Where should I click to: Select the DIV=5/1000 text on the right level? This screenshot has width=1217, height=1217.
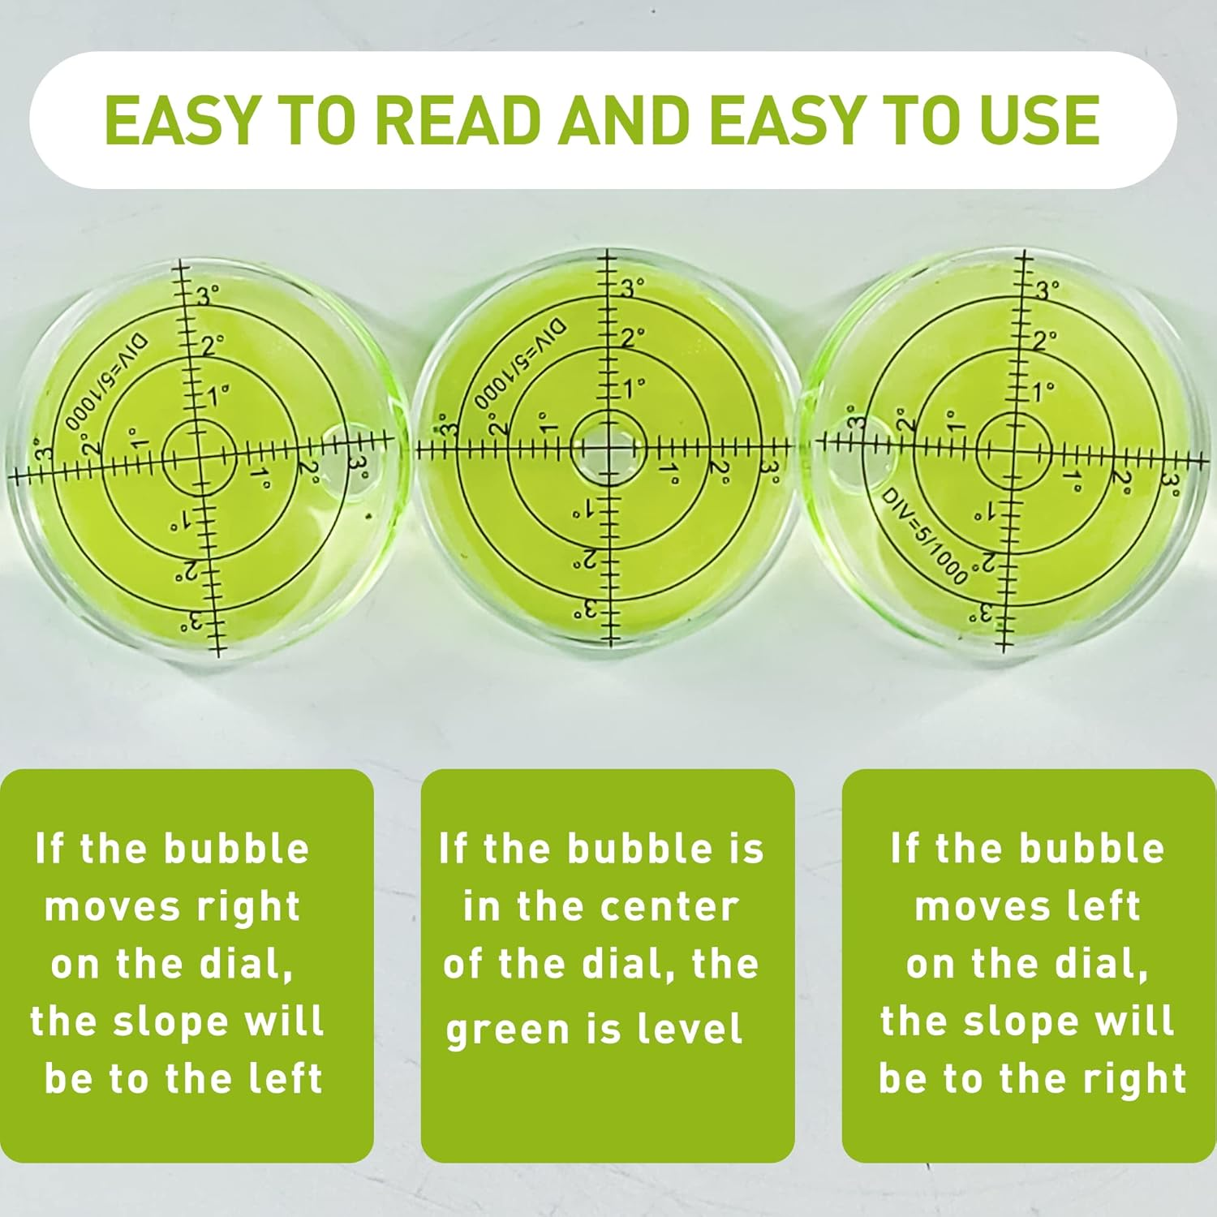[x=925, y=536]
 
